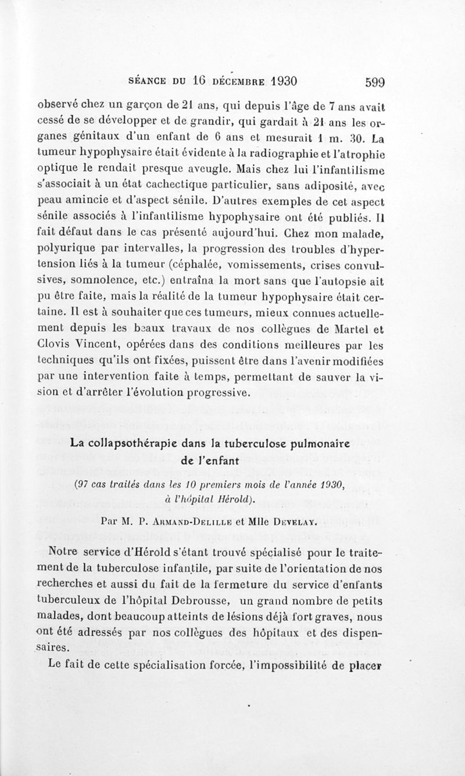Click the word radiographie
[304, 155]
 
